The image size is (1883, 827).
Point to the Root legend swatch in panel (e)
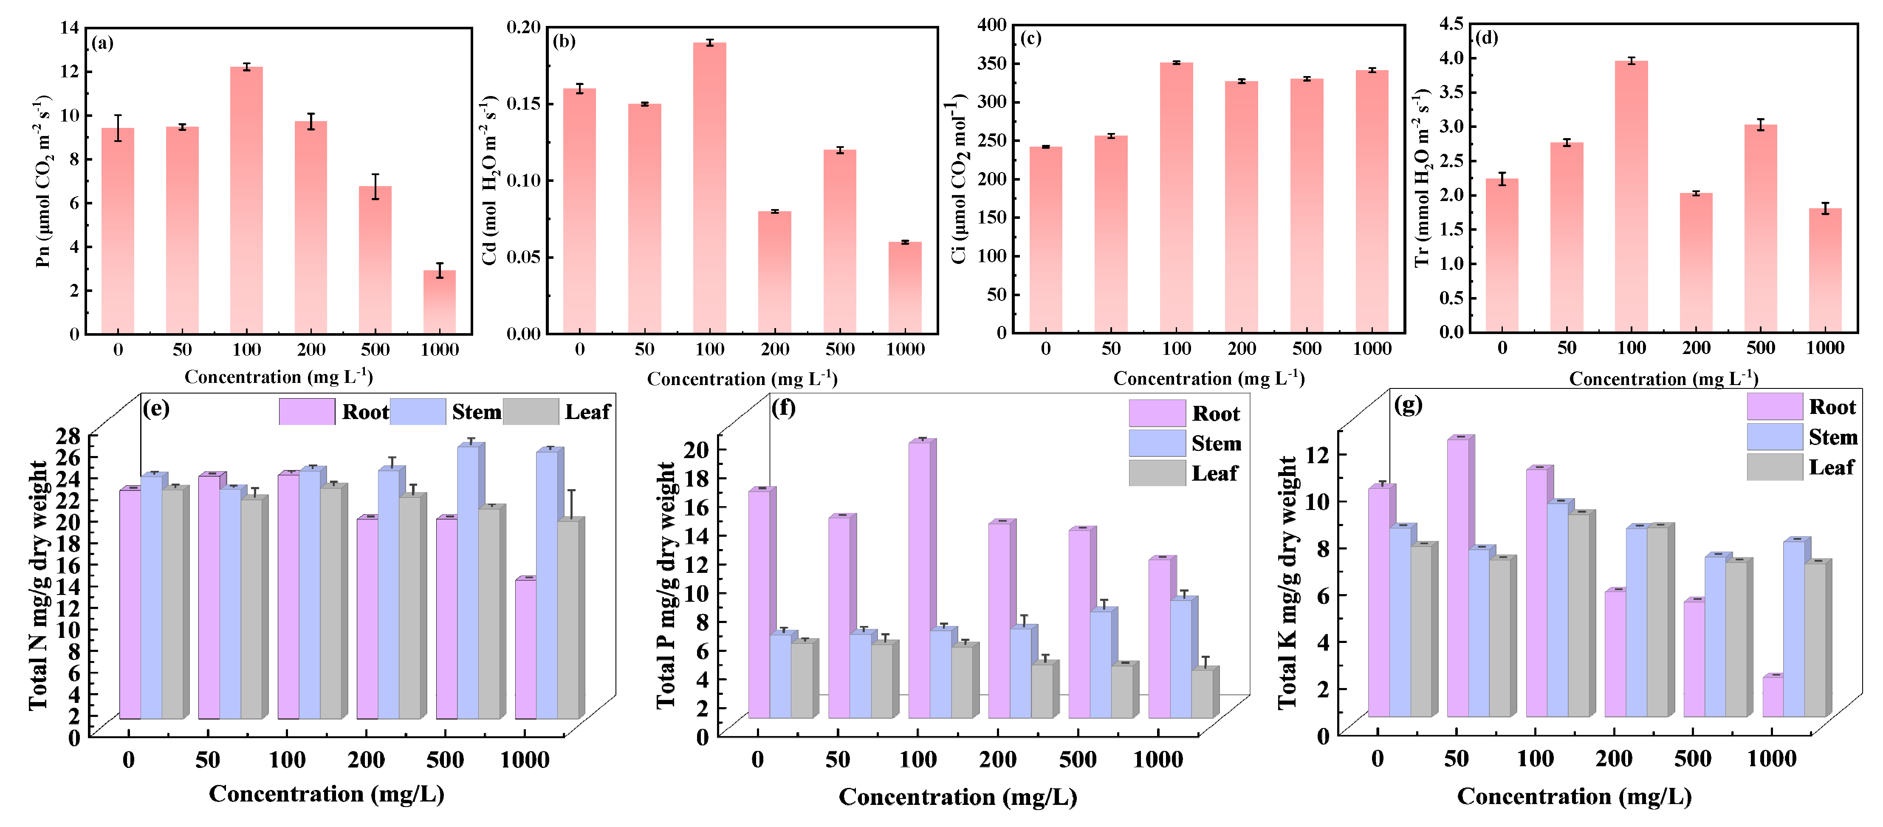pos(307,412)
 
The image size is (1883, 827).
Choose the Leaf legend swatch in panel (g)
pos(1774,467)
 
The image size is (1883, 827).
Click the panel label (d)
pos(1486,37)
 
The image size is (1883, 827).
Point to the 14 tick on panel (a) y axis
pos(69,28)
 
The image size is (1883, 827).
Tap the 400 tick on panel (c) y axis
pos(991,25)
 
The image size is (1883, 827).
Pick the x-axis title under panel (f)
pos(957,796)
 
